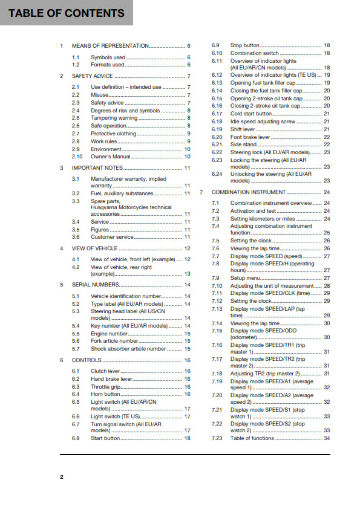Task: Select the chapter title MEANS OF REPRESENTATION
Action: (x=110, y=46)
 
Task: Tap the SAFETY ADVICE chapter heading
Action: (x=93, y=76)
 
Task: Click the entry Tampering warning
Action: (x=114, y=118)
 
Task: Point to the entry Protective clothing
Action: (x=114, y=134)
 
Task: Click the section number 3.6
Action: (x=76, y=237)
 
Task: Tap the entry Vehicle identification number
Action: (x=126, y=296)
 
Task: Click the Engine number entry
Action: (x=110, y=334)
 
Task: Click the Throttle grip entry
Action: (x=106, y=386)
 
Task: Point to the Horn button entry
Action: (x=105, y=394)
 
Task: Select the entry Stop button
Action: (x=245, y=45)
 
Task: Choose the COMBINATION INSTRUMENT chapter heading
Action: (x=249, y=192)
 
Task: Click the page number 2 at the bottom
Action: (x=61, y=478)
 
